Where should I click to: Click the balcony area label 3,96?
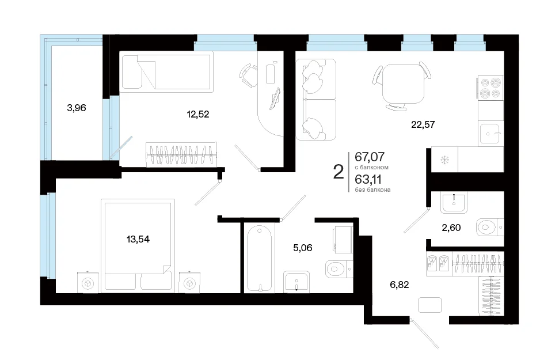click(x=77, y=108)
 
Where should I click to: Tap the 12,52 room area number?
click(x=198, y=114)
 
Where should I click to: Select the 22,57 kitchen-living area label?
click(x=423, y=124)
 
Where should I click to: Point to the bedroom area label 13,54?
click(x=138, y=239)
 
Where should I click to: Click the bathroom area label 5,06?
click(x=303, y=248)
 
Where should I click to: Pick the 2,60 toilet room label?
click(x=451, y=228)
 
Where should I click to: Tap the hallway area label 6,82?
click(x=400, y=285)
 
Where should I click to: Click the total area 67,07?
click(x=370, y=157)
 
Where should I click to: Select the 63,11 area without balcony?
click(x=368, y=179)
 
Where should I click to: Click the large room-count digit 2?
click(x=338, y=172)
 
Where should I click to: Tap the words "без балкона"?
click(x=372, y=190)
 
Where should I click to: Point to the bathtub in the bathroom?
click(x=259, y=258)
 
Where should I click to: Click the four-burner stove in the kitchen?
click(x=490, y=88)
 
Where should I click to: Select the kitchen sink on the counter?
click(x=490, y=133)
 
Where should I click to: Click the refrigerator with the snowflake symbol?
click(x=444, y=160)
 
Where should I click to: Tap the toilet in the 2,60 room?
click(x=490, y=227)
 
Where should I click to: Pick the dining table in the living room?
click(x=403, y=84)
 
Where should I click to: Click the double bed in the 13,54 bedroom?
click(x=138, y=246)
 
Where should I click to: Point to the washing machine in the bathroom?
click(x=343, y=238)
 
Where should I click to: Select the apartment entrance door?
click(x=424, y=334)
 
